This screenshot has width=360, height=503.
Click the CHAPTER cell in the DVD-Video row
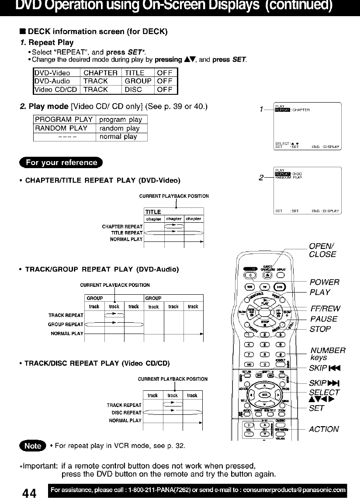100,72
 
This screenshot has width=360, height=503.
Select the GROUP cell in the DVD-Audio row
138,81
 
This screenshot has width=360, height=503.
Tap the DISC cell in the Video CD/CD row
138,90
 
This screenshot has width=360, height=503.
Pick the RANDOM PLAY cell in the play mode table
64,128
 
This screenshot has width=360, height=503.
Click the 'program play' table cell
121,120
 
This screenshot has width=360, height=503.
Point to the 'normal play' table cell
121,137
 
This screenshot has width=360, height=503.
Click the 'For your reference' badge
62,162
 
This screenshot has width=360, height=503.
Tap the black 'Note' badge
33,446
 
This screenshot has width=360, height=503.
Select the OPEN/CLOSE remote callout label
322,250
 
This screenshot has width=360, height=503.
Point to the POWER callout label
324,282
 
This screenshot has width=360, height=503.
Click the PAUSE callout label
324,319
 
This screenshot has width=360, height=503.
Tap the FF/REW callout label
325,309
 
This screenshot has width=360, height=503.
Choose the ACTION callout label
323,429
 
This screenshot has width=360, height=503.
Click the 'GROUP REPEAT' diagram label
66,324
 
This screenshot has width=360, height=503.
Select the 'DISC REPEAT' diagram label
127,413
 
